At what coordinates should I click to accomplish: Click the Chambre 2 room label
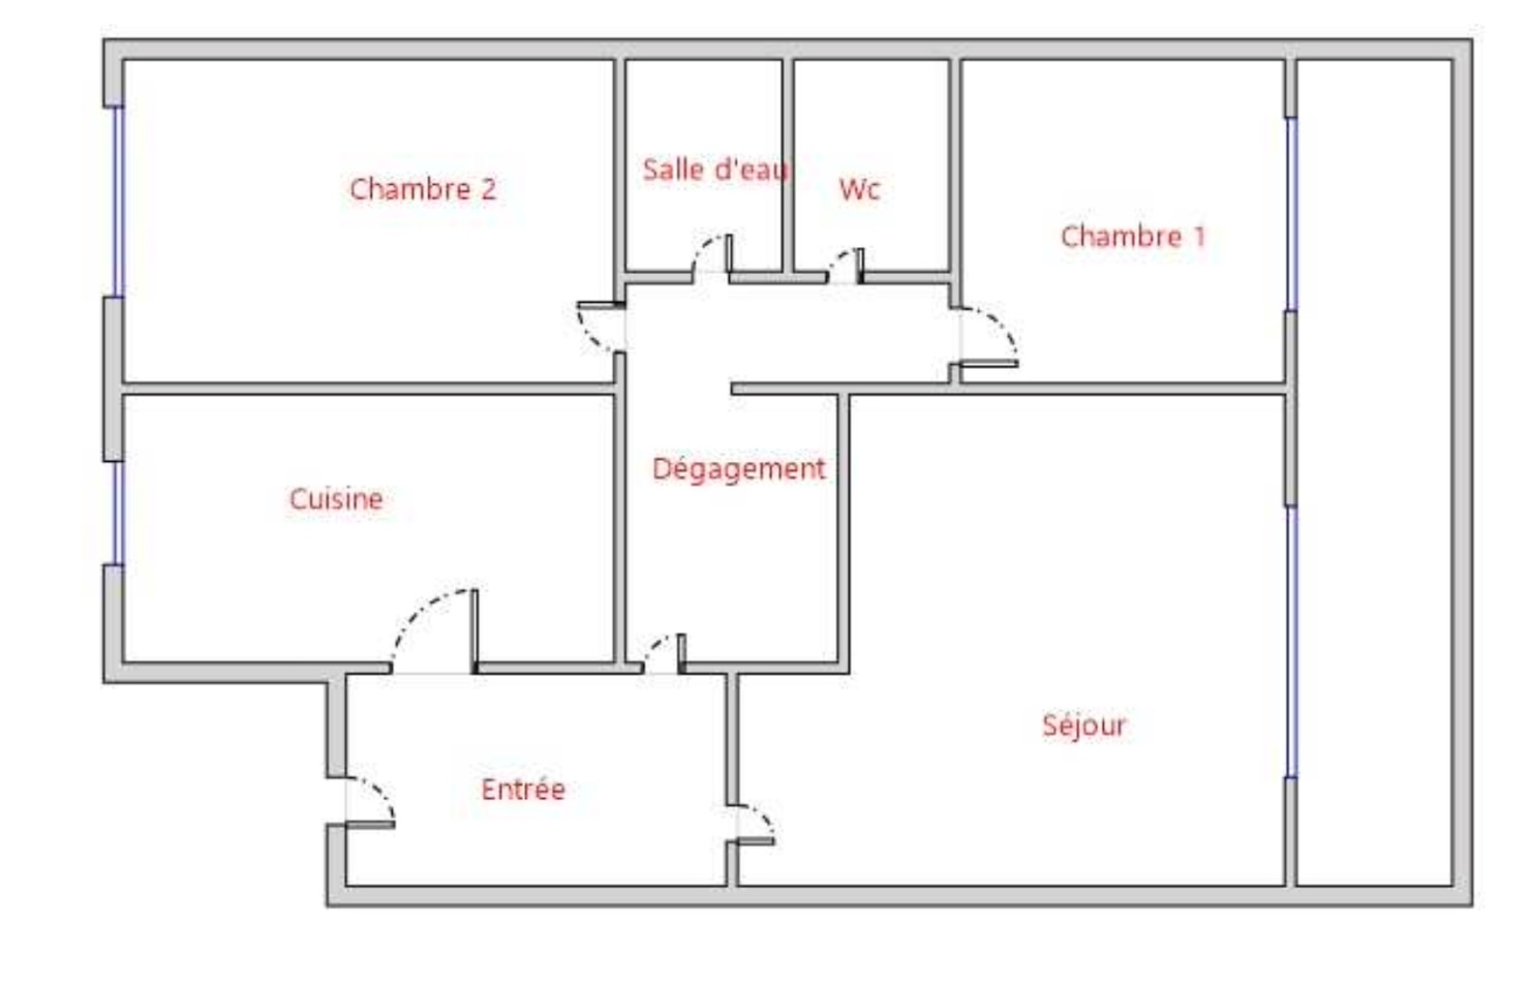pos(423,189)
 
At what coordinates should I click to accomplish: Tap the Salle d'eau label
pos(716,170)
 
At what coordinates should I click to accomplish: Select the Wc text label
pos(859,189)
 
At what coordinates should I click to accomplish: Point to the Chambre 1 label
pos(1133,237)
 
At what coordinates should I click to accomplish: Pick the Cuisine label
pos(336,499)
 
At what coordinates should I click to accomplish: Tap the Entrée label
pos(523,790)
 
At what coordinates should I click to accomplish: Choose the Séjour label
pos(1084,725)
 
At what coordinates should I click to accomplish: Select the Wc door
pos(846,265)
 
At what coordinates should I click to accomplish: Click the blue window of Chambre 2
pos(119,202)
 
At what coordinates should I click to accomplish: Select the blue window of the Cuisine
pos(119,514)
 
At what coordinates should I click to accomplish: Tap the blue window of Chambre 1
pos(1292,214)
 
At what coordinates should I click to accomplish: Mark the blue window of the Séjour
pos(1292,642)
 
